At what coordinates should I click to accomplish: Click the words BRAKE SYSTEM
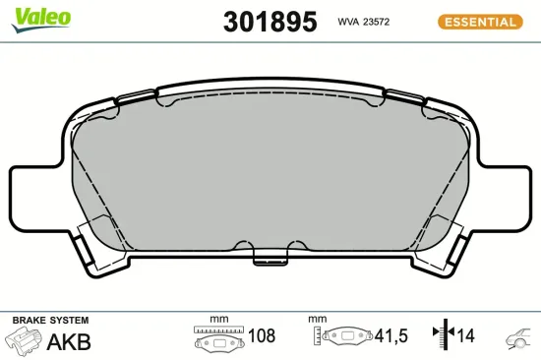pos(49,321)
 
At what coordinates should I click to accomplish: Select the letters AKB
pos(69,342)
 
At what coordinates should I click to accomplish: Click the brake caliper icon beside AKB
pos(24,342)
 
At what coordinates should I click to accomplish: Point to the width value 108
pos(261,336)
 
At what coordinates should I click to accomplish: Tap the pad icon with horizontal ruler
pos(217,338)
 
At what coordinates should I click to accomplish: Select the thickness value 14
pos(465,336)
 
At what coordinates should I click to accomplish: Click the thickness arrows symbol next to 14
pos(440,336)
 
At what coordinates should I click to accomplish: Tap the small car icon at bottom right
pos(520,338)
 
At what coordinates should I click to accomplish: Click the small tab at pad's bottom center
pos(268,258)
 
